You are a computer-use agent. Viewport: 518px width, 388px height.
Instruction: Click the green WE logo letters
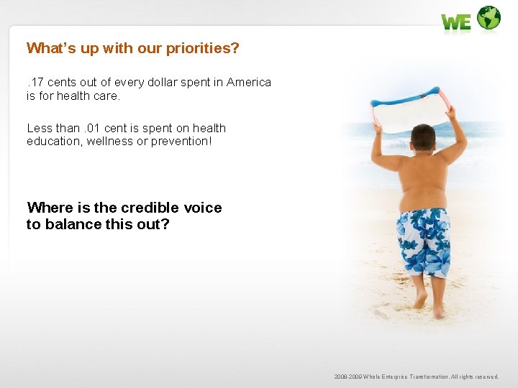coord(456,22)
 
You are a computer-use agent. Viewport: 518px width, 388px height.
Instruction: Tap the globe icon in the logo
coord(489,18)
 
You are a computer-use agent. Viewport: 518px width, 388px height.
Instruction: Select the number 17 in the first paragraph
coord(37,82)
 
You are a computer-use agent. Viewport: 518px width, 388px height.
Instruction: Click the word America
coord(249,82)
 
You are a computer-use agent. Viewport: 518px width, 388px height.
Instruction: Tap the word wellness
coord(114,141)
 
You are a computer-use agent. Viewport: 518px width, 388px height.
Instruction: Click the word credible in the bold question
coord(150,208)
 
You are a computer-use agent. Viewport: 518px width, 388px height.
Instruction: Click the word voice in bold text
coord(202,208)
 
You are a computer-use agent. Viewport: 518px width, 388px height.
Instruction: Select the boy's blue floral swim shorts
coord(424,241)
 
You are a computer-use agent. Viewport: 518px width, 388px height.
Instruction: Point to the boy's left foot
coord(438,310)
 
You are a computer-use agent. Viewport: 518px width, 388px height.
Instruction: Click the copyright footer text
coord(416,377)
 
